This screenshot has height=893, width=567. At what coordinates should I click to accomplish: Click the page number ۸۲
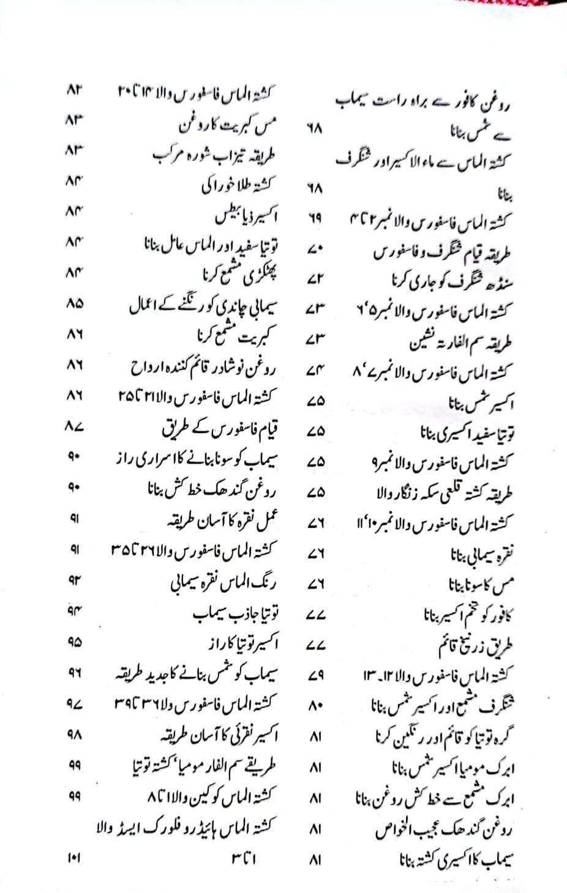[73, 92]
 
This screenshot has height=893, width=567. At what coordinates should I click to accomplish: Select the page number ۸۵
[73, 304]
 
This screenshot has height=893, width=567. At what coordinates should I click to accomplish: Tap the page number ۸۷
[73, 428]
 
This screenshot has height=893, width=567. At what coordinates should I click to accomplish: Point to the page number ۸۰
[315, 706]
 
